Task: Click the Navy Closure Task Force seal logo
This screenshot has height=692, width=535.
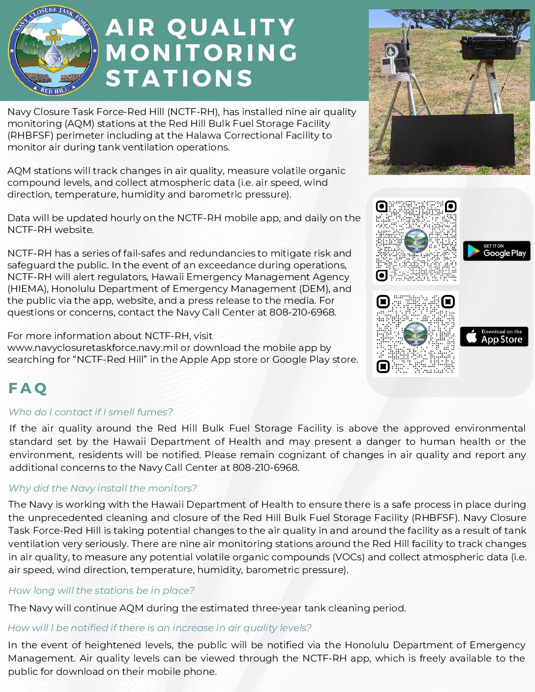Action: [53, 51]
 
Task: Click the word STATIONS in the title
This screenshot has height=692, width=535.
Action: [179, 79]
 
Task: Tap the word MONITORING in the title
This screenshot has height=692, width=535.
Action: [202, 53]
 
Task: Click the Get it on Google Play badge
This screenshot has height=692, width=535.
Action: [497, 251]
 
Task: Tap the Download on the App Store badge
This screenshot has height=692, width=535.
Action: [494, 337]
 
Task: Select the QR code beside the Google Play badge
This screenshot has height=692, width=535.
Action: [416, 241]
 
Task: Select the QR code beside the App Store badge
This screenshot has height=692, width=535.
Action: [416, 334]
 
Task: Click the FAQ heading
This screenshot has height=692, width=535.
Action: [28, 389]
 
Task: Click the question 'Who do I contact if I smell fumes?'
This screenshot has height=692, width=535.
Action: [91, 412]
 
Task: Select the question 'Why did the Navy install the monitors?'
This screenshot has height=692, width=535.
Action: [103, 488]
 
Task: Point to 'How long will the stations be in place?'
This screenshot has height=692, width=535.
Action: [101, 590]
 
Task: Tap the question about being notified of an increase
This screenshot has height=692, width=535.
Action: [160, 628]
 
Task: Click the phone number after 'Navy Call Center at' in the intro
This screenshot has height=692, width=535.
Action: [302, 313]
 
